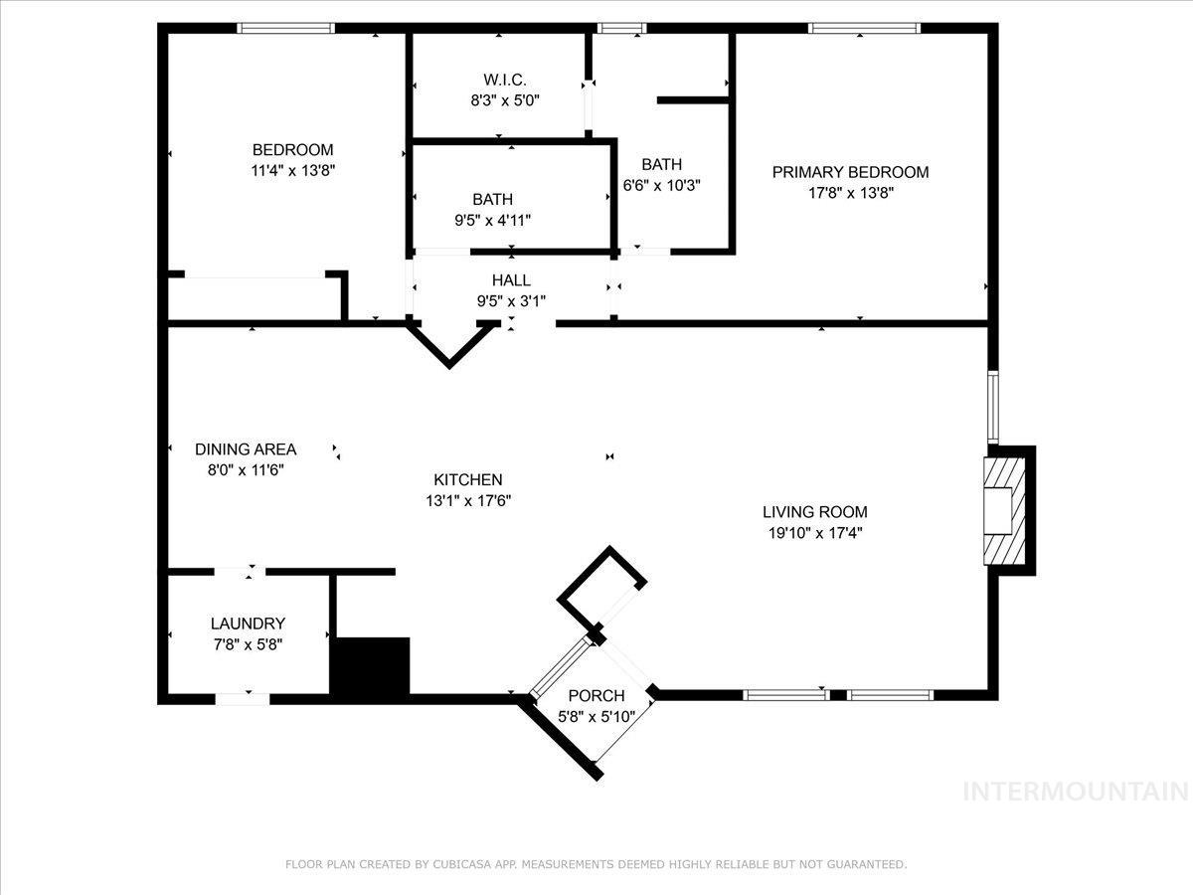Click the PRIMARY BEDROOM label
850,172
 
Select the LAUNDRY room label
248,624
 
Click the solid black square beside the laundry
370,666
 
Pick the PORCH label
596,695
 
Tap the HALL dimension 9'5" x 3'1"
511,301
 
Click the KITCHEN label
467,479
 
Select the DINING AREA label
246,449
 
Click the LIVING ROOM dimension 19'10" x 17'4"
814,533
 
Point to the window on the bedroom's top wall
285,28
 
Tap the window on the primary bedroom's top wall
863,28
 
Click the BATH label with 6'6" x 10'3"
661,164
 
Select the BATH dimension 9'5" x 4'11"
493,221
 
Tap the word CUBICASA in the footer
459,865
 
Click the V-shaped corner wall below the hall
450,347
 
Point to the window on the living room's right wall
992,406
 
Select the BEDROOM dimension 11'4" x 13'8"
292,170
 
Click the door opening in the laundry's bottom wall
242,698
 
